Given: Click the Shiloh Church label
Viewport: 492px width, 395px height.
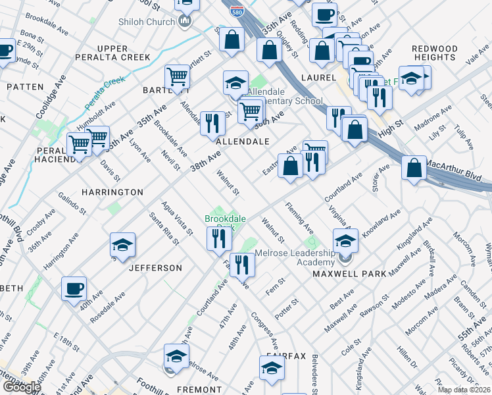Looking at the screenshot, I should pyautogui.click(x=146, y=21).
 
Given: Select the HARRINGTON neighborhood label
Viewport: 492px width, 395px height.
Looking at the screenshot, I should pyautogui.click(x=112, y=192).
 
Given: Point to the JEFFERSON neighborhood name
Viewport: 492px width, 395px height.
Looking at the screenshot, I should pyautogui.click(x=155, y=268).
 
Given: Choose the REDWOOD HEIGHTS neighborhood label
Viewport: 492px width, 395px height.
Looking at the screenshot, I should pyautogui.click(x=435, y=53).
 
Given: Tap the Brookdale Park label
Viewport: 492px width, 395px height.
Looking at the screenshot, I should pyautogui.click(x=220, y=223).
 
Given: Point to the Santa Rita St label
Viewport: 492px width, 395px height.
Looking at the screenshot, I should pyautogui.click(x=164, y=227).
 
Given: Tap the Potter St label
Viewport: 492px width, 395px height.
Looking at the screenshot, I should pyautogui.click(x=287, y=309).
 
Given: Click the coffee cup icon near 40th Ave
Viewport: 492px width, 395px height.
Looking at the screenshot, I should pyautogui.click(x=74, y=288).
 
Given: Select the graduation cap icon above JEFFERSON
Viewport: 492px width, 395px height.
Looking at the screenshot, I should pyautogui.click(x=122, y=245).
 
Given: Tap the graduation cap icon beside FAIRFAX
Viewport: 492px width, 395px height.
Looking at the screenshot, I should pyautogui.click(x=271, y=368).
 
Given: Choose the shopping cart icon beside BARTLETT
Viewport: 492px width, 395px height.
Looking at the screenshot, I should pyautogui.click(x=177, y=77).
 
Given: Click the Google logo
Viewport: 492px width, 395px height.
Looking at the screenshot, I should pyautogui.click(x=22, y=387).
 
